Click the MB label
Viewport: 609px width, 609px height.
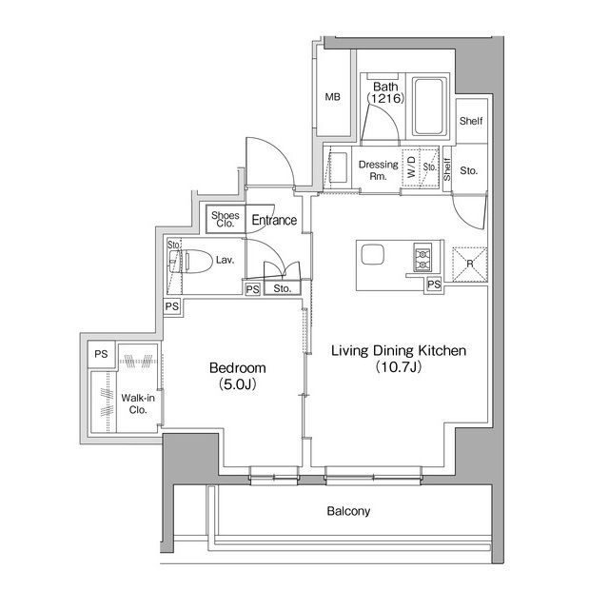[332, 97]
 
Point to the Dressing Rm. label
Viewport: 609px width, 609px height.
[378, 169]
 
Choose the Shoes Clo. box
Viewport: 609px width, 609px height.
[225, 219]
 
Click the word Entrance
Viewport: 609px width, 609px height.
[274, 221]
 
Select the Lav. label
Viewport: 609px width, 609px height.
[225, 259]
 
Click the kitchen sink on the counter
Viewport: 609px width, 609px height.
[370, 255]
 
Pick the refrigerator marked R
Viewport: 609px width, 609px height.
[468, 264]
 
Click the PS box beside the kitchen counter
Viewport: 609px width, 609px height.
[433, 285]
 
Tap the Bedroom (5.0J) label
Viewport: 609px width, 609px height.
[238, 376]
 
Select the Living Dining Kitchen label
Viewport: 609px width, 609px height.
[398, 359]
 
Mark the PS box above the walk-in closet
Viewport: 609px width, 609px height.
[101, 354]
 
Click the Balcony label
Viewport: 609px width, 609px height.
[348, 511]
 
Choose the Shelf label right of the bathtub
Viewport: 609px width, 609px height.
[470, 121]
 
